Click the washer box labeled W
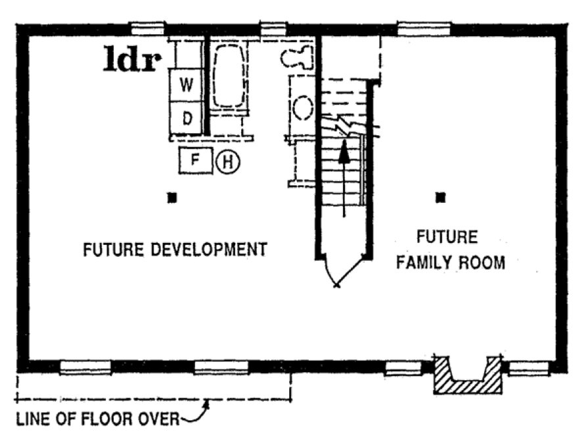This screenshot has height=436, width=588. tap(187, 85)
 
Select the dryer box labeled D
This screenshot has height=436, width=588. tap(187, 119)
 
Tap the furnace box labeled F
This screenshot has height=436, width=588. tap(194, 160)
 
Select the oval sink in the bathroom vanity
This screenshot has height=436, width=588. tap(303, 107)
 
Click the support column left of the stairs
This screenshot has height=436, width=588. tap(171, 197)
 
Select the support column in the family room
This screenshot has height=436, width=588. tap(441, 196)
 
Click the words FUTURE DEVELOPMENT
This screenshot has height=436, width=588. tap(174, 250)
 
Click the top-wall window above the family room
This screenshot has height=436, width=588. tap(424, 28)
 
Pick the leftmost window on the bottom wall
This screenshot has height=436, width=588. tap(85, 367)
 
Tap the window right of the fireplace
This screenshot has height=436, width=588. tap(530, 367)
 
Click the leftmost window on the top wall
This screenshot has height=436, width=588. tap(147, 28)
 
